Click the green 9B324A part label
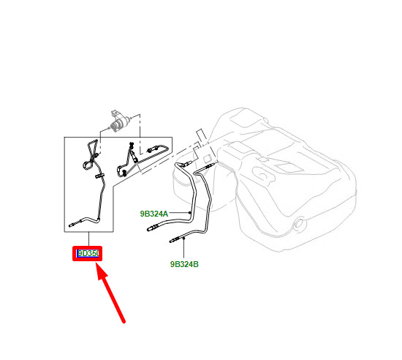[x=153, y=214]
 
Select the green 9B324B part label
[x=184, y=264]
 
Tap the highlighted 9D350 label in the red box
[x=88, y=253]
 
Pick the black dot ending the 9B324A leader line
[x=190, y=213]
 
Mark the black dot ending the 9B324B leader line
[x=183, y=239]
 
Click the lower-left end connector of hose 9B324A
[x=152, y=228]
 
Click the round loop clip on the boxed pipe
[x=87, y=165]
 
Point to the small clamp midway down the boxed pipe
[x=99, y=176]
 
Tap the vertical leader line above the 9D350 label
[x=88, y=239]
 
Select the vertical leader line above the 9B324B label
[x=183, y=249]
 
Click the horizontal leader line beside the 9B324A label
[x=179, y=213]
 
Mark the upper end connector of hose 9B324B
[x=208, y=167]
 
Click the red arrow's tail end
[x=124, y=322]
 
